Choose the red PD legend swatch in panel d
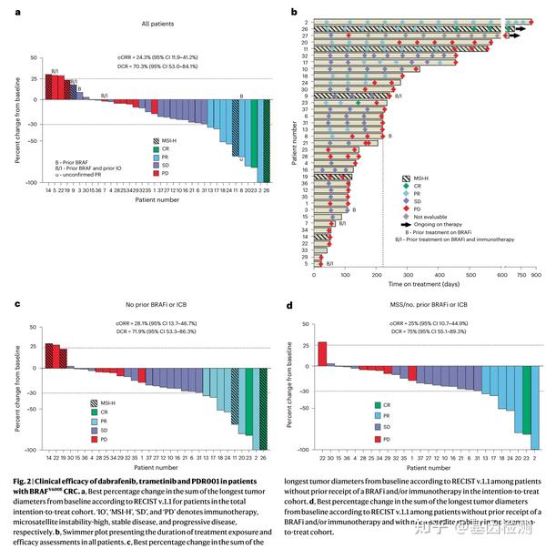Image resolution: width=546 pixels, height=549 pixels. tap(377, 439)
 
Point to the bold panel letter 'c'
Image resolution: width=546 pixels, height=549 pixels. tap(18, 307)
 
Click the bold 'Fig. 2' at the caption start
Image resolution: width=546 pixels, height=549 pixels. tap(26, 480)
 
